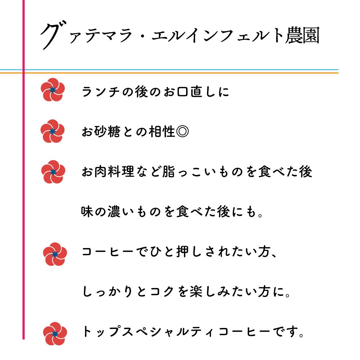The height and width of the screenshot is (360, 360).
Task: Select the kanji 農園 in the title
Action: tap(302, 35)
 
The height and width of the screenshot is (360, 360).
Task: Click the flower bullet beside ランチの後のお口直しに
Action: tap(53, 90)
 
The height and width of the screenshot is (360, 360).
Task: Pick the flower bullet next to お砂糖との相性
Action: tap(52, 131)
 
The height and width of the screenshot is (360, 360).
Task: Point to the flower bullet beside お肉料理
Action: tap(53, 172)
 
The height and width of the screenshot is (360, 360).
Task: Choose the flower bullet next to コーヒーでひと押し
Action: tap(55, 254)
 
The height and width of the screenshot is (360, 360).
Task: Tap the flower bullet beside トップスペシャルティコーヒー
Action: tap(55, 334)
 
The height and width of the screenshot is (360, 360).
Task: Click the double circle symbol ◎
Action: tap(183, 131)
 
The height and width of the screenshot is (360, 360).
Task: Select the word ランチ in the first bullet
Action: tap(101, 91)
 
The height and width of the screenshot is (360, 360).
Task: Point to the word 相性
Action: tap(162, 131)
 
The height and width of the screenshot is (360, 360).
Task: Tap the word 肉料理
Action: tap(114, 171)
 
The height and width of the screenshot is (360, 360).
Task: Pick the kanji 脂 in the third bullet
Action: tap(168, 171)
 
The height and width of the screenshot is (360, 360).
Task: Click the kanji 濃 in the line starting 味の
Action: tap(114, 211)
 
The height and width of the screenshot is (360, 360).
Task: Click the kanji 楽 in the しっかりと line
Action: tap(196, 292)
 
